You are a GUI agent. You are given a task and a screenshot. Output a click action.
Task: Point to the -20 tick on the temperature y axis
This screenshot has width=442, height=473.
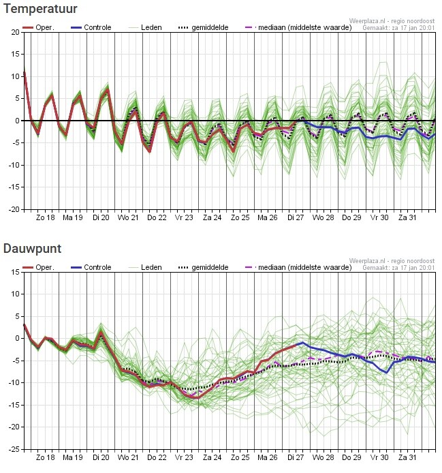pyautogui.click(x=14, y=210)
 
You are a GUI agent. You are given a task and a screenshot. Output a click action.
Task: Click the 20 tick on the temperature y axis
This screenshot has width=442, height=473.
pyautogui.click(x=15, y=32)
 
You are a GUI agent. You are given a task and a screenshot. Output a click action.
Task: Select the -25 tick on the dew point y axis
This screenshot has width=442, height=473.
pyautogui.click(x=14, y=450)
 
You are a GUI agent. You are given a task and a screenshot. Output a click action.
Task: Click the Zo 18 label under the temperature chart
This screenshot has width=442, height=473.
pyautogui.click(x=45, y=218)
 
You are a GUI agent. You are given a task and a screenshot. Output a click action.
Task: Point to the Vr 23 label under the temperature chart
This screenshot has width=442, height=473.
pyautogui.click(x=184, y=218)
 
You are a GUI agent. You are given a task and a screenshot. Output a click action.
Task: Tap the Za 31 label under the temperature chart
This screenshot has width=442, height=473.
pyautogui.click(x=407, y=218)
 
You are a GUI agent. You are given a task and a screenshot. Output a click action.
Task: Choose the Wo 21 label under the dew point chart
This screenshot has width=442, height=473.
pyautogui.click(x=128, y=458)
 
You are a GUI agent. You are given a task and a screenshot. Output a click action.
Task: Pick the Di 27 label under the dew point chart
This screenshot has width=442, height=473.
pyautogui.click(x=296, y=458)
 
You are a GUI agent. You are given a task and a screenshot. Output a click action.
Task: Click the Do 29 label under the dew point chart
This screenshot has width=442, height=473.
pyautogui.click(x=351, y=458)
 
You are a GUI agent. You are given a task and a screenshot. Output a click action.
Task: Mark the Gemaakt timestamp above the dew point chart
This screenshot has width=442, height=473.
pyautogui.click(x=398, y=268)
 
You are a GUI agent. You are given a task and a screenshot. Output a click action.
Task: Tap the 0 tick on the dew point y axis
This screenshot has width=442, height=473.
pyautogui.click(x=17, y=338)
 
